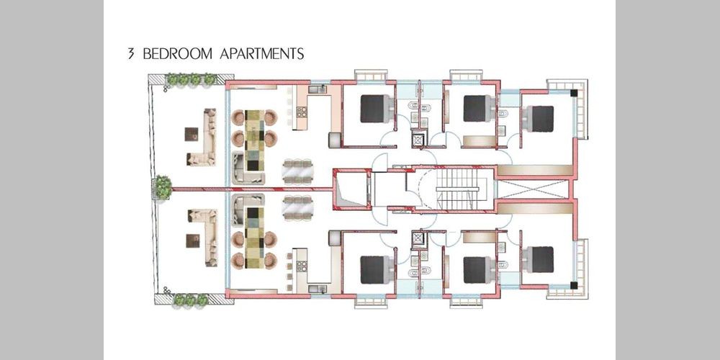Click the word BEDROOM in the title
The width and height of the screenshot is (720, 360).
click(x=178, y=54)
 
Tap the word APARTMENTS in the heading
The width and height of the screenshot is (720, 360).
click(x=262, y=54)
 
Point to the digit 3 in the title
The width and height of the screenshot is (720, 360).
click(x=131, y=54)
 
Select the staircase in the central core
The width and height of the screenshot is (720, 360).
click(x=458, y=189)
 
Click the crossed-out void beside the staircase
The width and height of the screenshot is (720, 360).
click(x=533, y=189)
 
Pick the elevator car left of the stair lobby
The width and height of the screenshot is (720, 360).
click(x=353, y=189)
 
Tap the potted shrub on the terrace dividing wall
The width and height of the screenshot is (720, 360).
click(x=163, y=187)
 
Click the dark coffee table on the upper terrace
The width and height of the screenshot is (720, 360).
click(x=192, y=134)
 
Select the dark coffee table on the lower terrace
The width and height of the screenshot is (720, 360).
click(x=193, y=241)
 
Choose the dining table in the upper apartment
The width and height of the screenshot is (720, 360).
click(x=298, y=171)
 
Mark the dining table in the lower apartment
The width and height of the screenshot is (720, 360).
click(x=298, y=207)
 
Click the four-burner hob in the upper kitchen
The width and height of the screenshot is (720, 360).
click(x=302, y=112)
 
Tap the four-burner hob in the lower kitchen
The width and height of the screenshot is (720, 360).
click(x=302, y=266)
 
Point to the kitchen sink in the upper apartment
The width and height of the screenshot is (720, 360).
click(x=318, y=89)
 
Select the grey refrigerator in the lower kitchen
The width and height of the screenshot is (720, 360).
click(x=335, y=238)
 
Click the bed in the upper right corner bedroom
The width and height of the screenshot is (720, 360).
click(x=538, y=119)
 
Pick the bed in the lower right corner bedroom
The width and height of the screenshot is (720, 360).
click(x=538, y=260)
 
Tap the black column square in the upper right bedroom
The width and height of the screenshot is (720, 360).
click(x=574, y=93)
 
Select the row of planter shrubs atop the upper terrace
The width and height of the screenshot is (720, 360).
click(x=191, y=79)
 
